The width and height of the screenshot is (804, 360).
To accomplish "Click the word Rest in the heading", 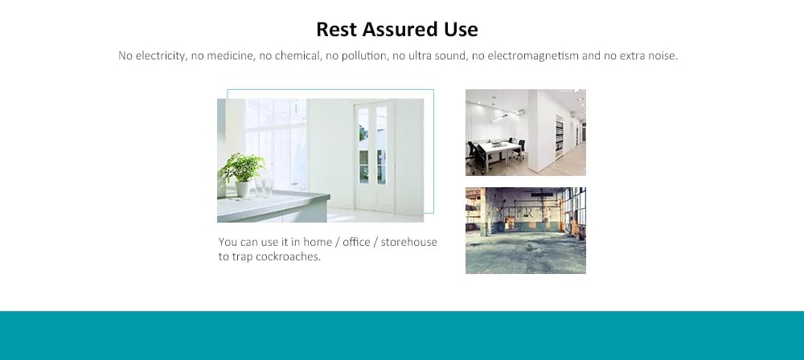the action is [337, 29].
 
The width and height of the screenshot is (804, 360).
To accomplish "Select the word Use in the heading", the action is [459, 29].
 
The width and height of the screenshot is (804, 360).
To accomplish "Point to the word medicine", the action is [232, 55].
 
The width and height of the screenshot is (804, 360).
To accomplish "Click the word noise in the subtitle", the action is [663, 55].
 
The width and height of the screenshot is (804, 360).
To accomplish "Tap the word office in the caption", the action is [356, 242].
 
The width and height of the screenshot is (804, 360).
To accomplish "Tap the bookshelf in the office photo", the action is [560, 137].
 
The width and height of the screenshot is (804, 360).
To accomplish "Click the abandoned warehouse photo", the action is [526, 231].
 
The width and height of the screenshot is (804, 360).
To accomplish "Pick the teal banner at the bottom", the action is [402, 335].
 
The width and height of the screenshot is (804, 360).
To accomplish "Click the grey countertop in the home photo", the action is [272, 207].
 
